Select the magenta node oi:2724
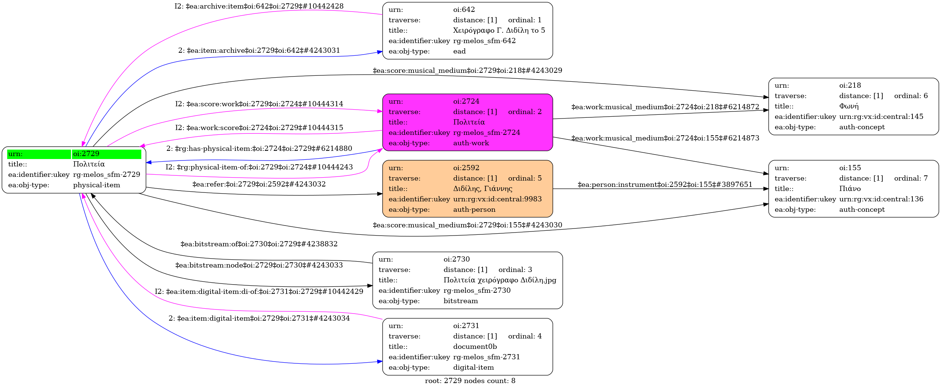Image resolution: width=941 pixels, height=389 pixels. (x=467, y=122)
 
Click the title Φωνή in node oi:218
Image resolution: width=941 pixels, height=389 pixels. (x=849, y=106)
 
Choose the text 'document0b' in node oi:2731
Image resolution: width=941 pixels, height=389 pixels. (x=475, y=347)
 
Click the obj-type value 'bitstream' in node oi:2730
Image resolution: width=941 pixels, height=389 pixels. (x=460, y=301)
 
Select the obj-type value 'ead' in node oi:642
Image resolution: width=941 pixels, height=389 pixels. (x=459, y=51)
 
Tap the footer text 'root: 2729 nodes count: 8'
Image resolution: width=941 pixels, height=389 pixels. (x=470, y=381)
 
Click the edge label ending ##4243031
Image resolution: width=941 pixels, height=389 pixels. (x=259, y=51)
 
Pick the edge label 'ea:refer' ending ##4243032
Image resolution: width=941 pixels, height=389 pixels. (x=259, y=184)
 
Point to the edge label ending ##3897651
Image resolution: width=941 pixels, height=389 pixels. (x=665, y=185)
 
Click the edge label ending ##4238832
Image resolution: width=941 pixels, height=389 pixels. (x=259, y=244)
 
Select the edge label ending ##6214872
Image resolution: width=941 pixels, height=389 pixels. (x=665, y=107)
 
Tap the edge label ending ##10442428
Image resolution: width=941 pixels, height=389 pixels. (x=259, y=6)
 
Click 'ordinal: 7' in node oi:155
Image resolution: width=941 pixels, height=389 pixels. (x=911, y=178)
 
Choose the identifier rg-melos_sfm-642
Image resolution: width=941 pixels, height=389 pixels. (x=484, y=41)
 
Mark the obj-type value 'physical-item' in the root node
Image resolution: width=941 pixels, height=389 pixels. (x=97, y=185)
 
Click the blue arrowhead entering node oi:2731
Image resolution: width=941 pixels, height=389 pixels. (x=380, y=362)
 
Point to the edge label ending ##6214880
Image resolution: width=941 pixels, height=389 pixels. (x=259, y=149)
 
